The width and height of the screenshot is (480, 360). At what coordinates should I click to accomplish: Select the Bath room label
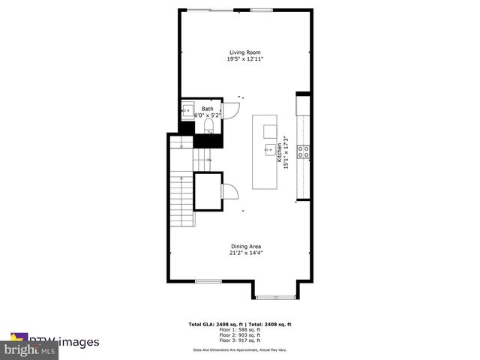(207, 109)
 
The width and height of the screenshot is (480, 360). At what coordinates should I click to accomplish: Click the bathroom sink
(187, 111)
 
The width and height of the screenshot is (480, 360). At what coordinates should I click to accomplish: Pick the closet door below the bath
(231, 192)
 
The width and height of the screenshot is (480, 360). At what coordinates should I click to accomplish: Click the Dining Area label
(245, 246)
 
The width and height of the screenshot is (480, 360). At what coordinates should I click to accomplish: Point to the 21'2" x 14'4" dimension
(245, 253)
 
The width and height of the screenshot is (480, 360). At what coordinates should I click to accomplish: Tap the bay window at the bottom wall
(276, 298)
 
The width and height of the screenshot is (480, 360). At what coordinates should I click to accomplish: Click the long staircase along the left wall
(181, 199)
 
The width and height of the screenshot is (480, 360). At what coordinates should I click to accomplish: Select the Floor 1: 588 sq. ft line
(239, 330)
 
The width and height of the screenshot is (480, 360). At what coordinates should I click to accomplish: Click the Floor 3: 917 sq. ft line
(239, 340)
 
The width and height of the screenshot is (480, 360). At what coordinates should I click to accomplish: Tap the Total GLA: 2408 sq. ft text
(214, 325)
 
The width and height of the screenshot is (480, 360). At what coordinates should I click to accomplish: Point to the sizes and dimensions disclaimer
(239, 349)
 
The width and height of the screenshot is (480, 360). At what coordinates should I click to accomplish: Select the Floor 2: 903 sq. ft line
(239, 335)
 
